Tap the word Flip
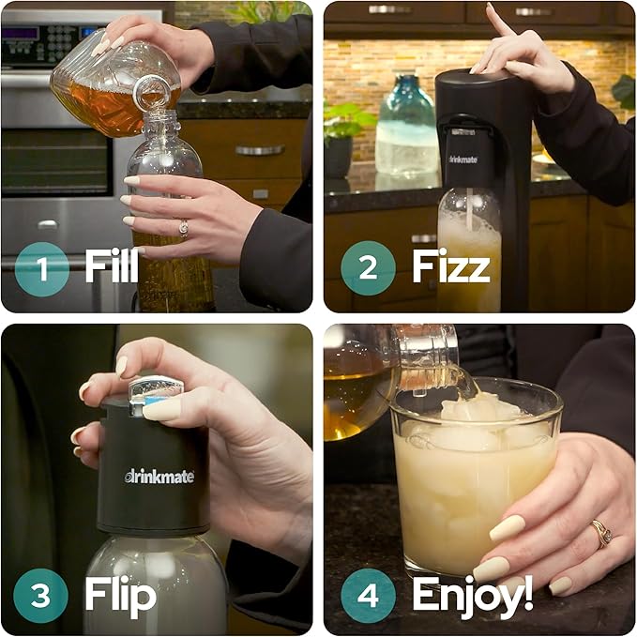tap(119, 595)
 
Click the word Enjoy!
tap(473, 594)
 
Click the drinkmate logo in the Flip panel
tap(159, 476)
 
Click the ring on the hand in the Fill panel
tap(183, 227)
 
